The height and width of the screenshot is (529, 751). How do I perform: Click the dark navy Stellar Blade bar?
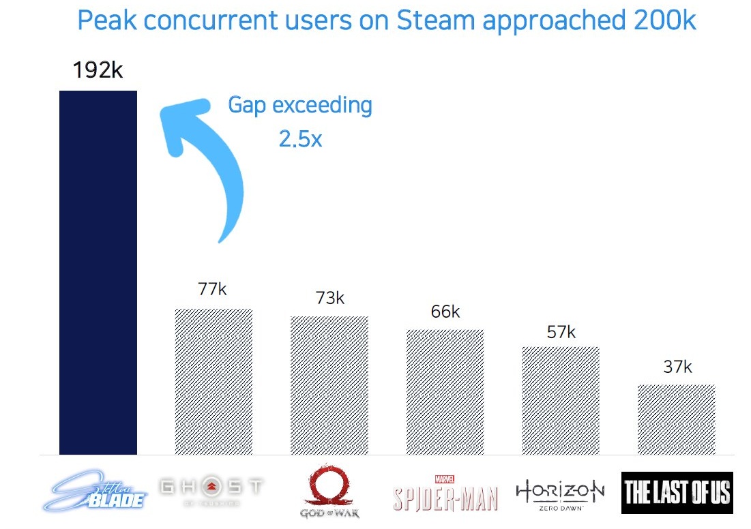click(x=98, y=272)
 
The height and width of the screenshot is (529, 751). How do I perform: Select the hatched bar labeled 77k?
click(x=213, y=381)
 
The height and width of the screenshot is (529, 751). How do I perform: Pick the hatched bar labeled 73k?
click(x=329, y=385)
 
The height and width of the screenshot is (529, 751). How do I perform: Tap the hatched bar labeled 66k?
click(x=445, y=392)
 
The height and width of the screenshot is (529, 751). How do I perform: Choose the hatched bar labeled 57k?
click(x=561, y=400)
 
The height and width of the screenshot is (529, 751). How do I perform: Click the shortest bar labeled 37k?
click(x=677, y=419)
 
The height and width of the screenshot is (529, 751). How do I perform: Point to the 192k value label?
click(x=98, y=70)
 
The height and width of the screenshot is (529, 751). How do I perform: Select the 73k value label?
click(x=329, y=298)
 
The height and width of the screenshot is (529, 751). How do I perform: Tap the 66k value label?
click(x=445, y=312)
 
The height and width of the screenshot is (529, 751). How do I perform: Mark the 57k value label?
click(x=561, y=332)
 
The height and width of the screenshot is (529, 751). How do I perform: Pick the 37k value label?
click(x=677, y=367)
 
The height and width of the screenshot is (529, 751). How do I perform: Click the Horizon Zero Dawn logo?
click(x=560, y=492)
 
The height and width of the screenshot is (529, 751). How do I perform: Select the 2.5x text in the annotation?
click(x=299, y=138)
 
